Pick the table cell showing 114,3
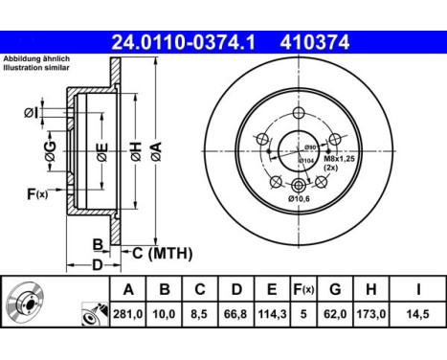coord(271,313)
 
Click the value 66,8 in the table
coord(235,313)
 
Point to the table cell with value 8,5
coord(199,313)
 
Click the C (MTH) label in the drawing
coord(162,253)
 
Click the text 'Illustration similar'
coord(35,70)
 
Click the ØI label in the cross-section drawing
coord(31,113)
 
